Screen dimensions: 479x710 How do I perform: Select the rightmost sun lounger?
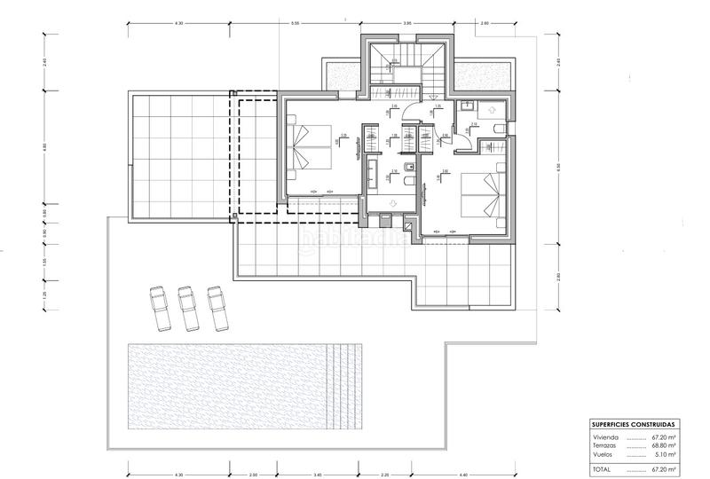click(x=216, y=304)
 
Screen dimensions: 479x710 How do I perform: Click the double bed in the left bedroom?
click(x=312, y=146)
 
